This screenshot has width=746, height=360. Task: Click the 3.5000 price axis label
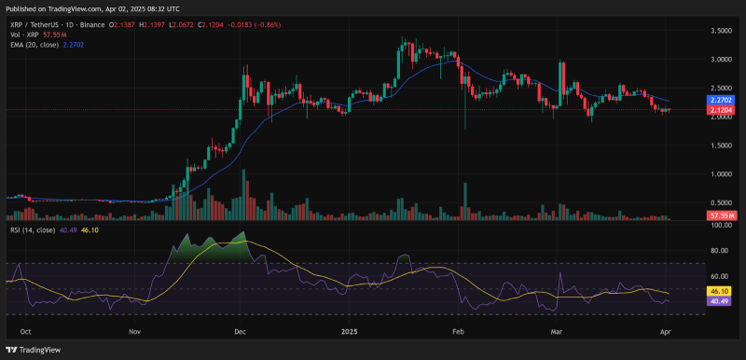pos(720,31)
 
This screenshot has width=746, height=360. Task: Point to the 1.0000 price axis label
pos(720,174)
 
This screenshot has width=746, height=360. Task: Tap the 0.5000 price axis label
pos(720,203)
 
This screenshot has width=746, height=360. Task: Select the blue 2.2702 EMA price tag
pos(720,99)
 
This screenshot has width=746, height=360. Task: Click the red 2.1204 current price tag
pos(720,109)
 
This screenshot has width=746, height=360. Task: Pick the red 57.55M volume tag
pos(720,215)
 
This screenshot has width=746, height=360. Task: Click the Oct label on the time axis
pos(25,331)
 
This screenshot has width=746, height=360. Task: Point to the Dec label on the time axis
pos(240,331)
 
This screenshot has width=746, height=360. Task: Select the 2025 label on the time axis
pos(349,331)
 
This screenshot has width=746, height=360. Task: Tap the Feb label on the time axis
pos(458,331)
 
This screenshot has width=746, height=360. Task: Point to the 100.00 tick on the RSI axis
pos(720,225)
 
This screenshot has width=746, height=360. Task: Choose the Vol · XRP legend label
pos(21,32)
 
